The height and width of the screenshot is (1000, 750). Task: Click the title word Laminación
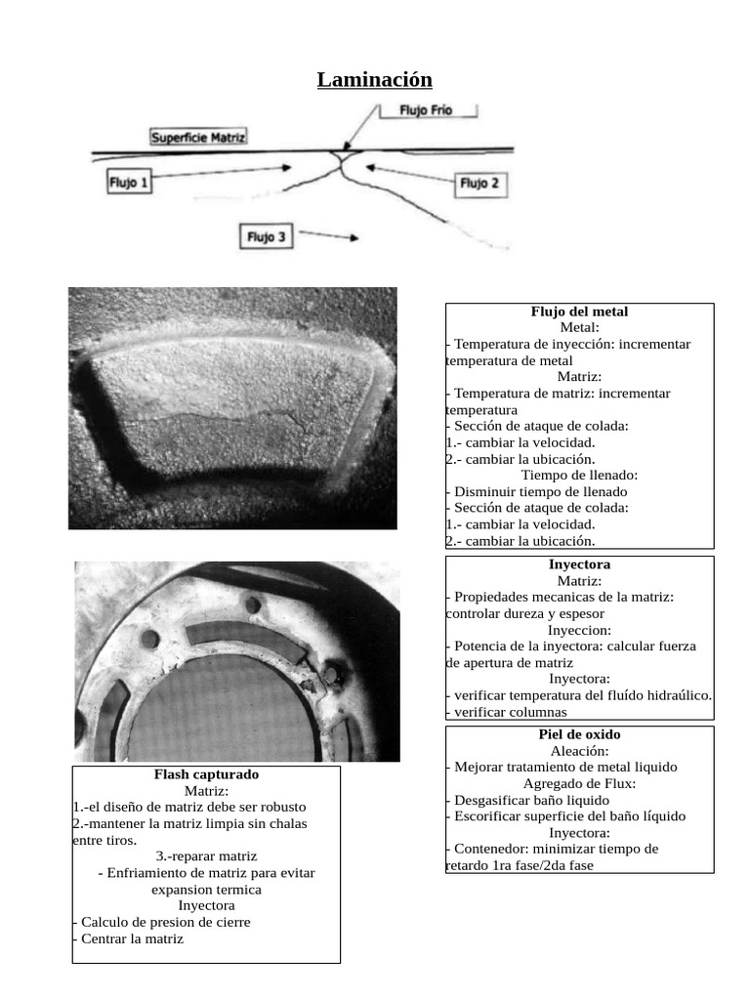click(x=374, y=79)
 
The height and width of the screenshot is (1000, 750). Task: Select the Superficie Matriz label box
click(x=199, y=138)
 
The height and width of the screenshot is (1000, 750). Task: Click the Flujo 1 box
click(x=129, y=181)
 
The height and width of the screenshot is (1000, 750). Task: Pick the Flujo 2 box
click(x=479, y=183)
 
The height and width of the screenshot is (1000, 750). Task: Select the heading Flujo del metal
click(x=579, y=312)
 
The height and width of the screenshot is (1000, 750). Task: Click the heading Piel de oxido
click(x=579, y=734)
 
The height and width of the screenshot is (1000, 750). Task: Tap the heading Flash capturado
click(x=206, y=774)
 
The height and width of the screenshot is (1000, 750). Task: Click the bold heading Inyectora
click(x=579, y=564)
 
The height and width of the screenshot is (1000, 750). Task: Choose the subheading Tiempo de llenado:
click(x=579, y=475)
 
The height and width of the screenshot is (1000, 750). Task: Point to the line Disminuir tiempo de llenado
click(x=540, y=491)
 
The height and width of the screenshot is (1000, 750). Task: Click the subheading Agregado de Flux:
click(x=579, y=783)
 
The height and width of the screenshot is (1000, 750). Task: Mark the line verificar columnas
click(x=509, y=712)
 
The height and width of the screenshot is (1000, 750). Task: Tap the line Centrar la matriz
click(x=131, y=938)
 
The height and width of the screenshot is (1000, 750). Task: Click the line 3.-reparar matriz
click(x=206, y=856)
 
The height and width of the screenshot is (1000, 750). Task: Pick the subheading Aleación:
click(x=579, y=751)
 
